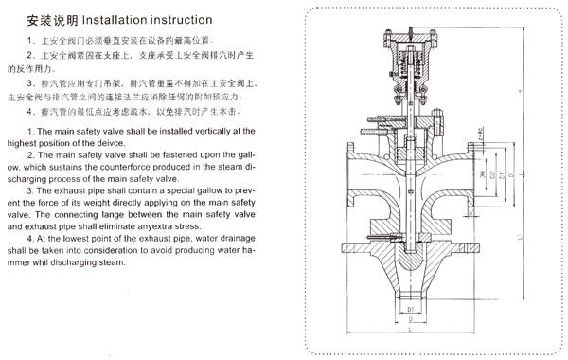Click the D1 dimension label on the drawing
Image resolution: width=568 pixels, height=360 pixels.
point(410,308)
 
